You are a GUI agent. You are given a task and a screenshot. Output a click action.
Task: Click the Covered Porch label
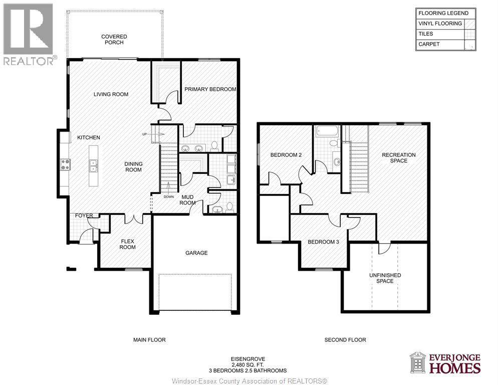[x=114, y=40]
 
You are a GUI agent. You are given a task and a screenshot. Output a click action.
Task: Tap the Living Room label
[x=111, y=94]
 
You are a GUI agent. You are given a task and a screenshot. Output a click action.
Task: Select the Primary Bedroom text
[x=210, y=89]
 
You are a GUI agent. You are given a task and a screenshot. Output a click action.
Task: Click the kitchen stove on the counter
[x=65, y=164]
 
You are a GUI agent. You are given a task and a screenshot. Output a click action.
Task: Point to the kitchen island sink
[x=93, y=164]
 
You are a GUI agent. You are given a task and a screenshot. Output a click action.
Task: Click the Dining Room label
[x=133, y=167]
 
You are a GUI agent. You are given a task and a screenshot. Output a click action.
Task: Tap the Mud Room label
[x=188, y=200]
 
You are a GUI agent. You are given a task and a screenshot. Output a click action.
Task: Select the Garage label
[x=196, y=253]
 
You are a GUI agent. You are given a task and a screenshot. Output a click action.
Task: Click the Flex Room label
[x=128, y=244]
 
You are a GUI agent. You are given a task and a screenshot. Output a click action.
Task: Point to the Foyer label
[x=84, y=216]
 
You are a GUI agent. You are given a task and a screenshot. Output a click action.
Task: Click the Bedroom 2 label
[x=286, y=155]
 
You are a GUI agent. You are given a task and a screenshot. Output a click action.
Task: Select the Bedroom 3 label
[x=323, y=242]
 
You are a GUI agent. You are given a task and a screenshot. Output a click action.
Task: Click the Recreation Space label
[x=398, y=158]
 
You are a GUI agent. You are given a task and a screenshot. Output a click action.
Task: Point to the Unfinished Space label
[x=385, y=278]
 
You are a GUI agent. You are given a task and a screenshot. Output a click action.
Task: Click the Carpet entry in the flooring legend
[x=429, y=45]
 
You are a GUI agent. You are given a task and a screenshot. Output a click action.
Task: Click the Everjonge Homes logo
[x=445, y=363]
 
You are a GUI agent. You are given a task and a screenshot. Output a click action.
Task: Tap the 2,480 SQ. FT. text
[x=247, y=365]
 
